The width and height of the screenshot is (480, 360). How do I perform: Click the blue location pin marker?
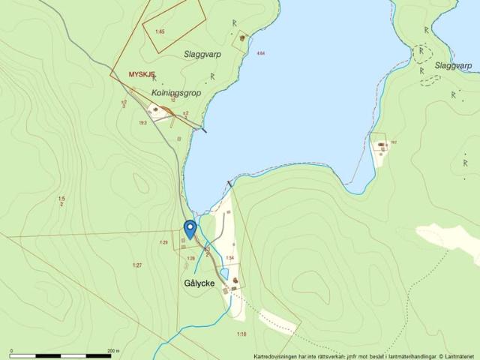coord(190,229)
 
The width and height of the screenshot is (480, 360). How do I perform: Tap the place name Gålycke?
coord(199,283)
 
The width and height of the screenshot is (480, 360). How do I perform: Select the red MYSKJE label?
coord(142,75)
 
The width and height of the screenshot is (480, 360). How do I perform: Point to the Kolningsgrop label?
coord(173,92)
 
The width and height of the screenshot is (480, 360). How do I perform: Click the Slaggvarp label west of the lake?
coord(202,54)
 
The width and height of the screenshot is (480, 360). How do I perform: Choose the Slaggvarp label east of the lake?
coord(453,66)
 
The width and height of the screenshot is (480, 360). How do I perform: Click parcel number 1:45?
coord(160,31)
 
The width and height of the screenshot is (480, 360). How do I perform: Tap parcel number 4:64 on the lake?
coord(260,53)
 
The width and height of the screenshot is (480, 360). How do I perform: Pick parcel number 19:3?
coord(142,122)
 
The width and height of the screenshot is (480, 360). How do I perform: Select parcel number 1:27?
coord(137,265)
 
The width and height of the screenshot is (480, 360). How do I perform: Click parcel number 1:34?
coord(230,258)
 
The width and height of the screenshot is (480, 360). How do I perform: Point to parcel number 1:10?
coord(241,333)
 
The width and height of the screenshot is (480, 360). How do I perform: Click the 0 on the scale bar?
coord(11,350)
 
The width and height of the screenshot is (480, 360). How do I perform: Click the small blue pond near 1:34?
coord(223,274)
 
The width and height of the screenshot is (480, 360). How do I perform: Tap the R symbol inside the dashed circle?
coord(421,51)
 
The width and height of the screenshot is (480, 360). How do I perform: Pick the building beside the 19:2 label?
coord(382,144)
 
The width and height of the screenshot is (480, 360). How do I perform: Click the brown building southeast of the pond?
coord(236,282)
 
